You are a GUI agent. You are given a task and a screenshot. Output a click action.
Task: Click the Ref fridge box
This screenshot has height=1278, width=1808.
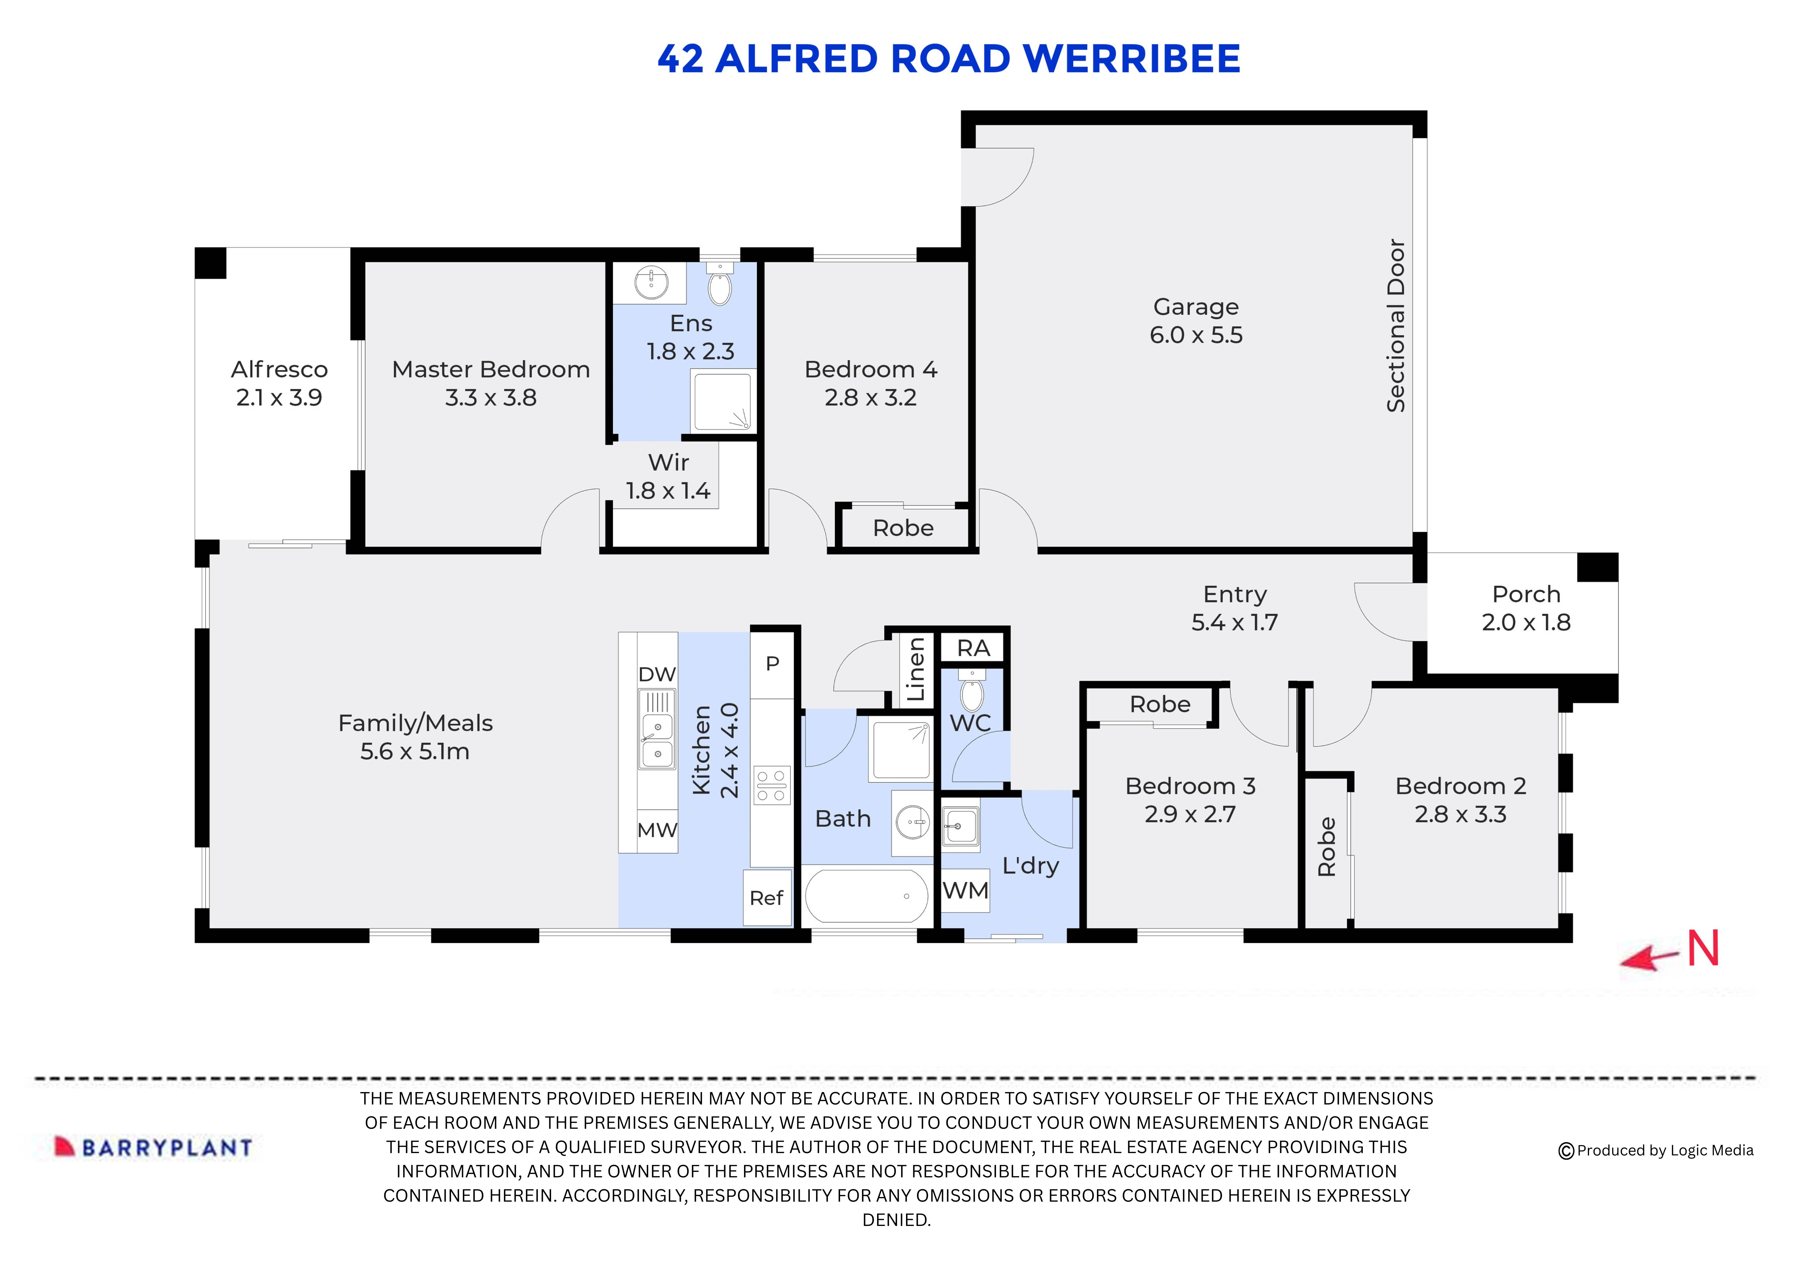pos(766,898)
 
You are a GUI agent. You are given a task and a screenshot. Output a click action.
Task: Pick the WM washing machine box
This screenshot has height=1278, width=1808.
pos(965,890)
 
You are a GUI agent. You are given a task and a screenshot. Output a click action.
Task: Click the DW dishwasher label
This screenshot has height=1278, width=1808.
pos(657,674)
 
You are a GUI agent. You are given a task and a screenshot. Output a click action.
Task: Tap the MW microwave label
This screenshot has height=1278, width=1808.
pos(657,830)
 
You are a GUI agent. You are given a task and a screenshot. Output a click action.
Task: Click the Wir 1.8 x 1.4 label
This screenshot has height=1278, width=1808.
pos(668,476)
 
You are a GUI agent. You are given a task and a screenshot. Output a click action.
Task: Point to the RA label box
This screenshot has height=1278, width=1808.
pos(973,648)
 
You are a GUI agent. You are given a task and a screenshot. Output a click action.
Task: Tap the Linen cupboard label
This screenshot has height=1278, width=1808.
pos(915,669)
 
